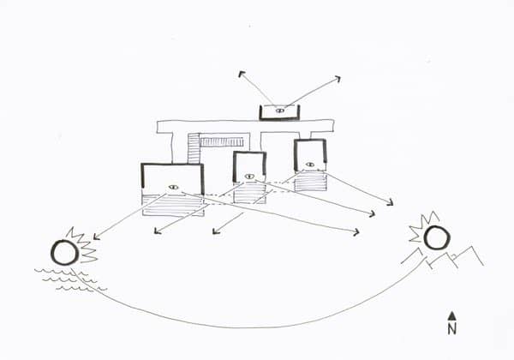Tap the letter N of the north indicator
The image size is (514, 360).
click(x=452, y=329)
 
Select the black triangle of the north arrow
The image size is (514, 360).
click(x=452, y=315)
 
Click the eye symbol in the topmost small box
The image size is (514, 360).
click(x=279, y=111)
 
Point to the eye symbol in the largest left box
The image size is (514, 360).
click(x=173, y=187)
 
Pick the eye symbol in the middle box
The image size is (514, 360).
click(x=249, y=177)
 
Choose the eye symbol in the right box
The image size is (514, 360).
click(x=310, y=165)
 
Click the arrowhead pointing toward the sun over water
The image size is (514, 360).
click(x=96, y=237)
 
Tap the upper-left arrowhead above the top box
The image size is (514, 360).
click(x=242, y=74)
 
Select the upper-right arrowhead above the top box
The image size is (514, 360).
click(x=338, y=79)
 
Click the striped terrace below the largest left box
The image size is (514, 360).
click(x=173, y=206)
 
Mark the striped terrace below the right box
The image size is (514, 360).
click(x=310, y=182)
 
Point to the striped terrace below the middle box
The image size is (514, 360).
click(x=249, y=194)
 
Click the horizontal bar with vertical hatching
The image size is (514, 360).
click(x=221, y=142)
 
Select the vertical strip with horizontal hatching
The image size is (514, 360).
click(x=194, y=148)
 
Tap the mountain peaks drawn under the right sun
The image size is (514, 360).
click(x=443, y=257)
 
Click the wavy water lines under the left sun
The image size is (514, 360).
click(x=70, y=280)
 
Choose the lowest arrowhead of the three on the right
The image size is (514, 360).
click(x=356, y=232)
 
